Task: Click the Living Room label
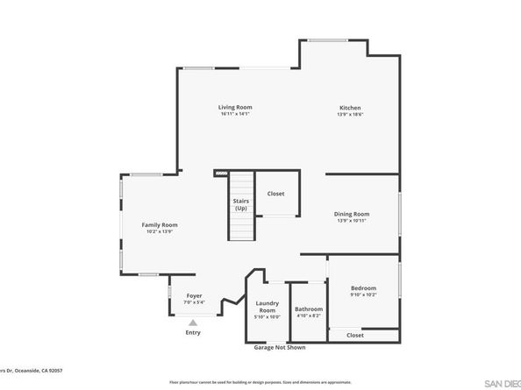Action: tap(235, 107)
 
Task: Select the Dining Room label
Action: tap(351, 214)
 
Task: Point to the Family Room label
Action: tap(160, 225)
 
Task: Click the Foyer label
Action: tap(194, 297)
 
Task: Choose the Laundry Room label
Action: tap(267, 308)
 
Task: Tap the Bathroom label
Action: tap(309, 308)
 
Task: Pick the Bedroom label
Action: tap(363, 288)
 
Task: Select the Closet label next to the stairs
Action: tap(275, 194)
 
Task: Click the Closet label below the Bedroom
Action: tap(354, 335)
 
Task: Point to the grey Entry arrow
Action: tap(193, 323)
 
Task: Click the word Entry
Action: tap(193, 333)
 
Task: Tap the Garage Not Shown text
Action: tap(279, 348)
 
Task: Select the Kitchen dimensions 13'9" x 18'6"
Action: tap(350, 115)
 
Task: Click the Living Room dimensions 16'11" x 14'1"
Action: tap(235, 114)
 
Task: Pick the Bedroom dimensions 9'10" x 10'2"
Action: tap(363, 295)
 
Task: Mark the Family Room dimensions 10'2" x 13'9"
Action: tap(160, 232)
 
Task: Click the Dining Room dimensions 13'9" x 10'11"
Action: tap(351, 221)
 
